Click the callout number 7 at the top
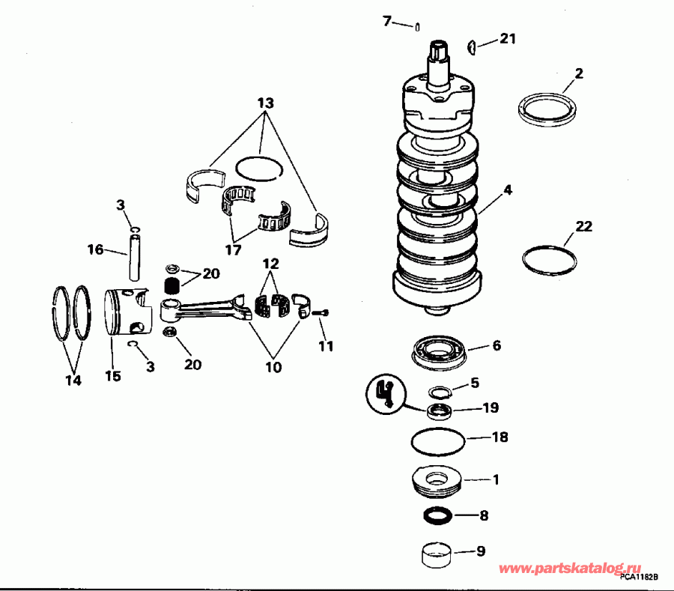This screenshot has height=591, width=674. click(387, 21)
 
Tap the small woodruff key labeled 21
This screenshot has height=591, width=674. click(472, 47)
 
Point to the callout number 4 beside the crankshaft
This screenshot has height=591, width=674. click(508, 190)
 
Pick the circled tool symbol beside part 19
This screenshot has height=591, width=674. click(387, 393)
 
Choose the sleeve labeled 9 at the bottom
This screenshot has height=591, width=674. click(438, 557)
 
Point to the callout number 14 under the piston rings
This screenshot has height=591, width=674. click(72, 381)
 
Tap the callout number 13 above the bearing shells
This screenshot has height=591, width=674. click(264, 103)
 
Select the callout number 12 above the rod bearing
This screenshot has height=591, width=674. click(270, 264)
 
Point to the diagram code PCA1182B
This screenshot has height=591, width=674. click(638, 578)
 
